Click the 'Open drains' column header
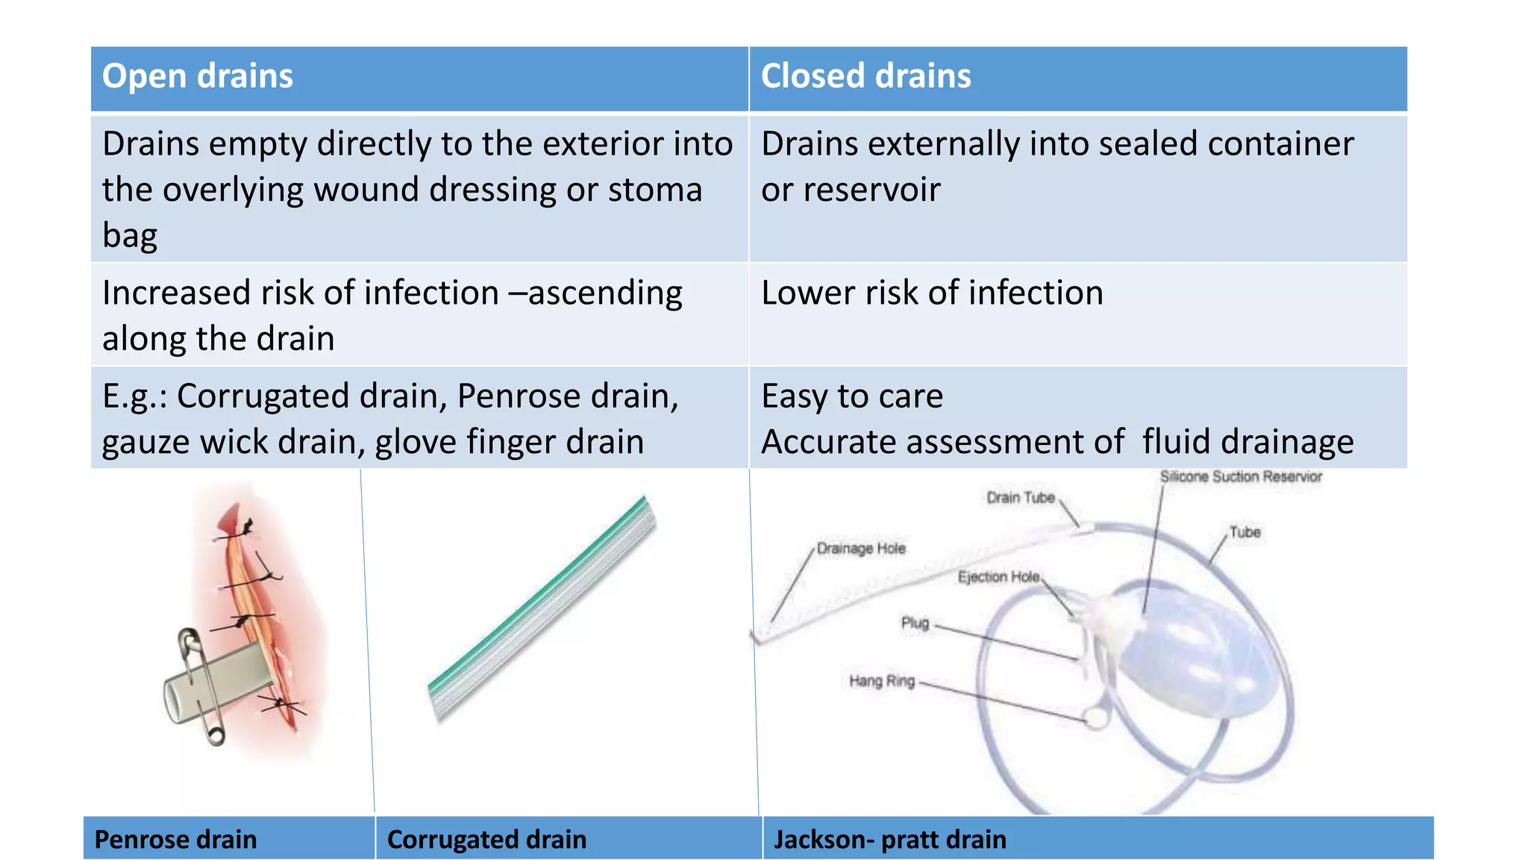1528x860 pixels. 197,77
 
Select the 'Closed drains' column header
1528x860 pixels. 865,77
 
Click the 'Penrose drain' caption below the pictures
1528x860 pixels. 175,839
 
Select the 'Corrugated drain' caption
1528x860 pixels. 486,839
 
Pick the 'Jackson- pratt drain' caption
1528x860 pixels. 889,839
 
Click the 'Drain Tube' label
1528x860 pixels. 1020,498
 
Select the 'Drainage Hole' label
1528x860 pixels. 860,549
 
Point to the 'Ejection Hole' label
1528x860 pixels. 998,577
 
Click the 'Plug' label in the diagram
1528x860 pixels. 915,623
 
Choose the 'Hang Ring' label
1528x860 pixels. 881,681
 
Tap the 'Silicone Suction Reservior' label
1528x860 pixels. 1240,477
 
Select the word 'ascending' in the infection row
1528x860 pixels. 605,293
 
